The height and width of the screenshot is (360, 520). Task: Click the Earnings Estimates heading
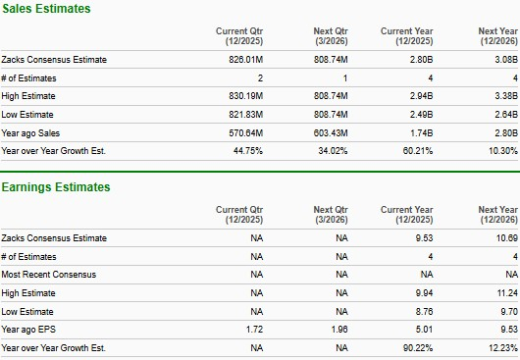coord(56,187)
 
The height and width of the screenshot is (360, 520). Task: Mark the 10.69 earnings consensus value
coord(504,238)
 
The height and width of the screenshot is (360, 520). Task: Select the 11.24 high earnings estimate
coord(504,292)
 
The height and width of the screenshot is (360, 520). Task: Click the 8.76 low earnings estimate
coord(423,310)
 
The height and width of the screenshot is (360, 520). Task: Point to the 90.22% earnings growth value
coord(415,346)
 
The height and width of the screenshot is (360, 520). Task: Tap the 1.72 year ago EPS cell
coord(255,328)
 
